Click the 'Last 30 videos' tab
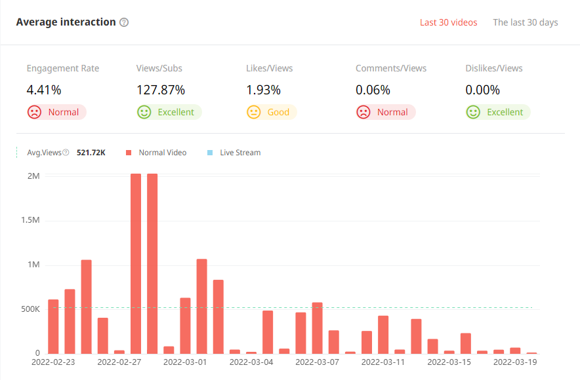448,22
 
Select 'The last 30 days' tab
525,22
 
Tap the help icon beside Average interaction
124,22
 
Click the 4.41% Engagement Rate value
43,90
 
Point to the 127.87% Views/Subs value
161,90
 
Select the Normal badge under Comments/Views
385,112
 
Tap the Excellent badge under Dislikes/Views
497,112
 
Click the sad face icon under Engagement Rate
34,112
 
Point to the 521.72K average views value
91,153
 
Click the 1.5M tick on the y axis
30,220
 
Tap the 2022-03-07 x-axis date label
318,361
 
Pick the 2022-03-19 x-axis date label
515,361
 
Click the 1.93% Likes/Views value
263,90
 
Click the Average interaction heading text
66,22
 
